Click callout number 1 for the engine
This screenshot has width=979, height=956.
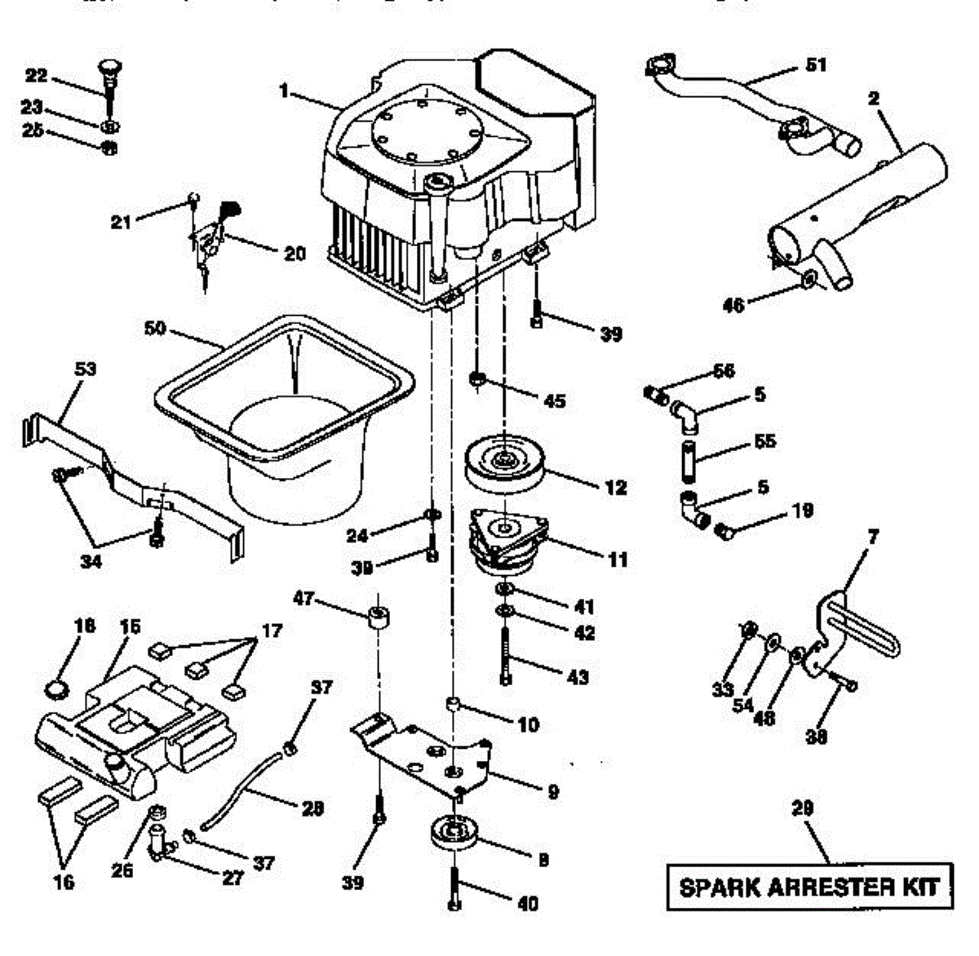click(284, 91)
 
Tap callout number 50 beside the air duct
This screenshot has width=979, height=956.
click(154, 329)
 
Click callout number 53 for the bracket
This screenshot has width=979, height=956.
click(86, 369)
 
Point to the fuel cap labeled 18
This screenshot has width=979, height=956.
click(55, 688)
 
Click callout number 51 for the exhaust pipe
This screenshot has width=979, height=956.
click(815, 64)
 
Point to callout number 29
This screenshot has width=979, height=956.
click(803, 808)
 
